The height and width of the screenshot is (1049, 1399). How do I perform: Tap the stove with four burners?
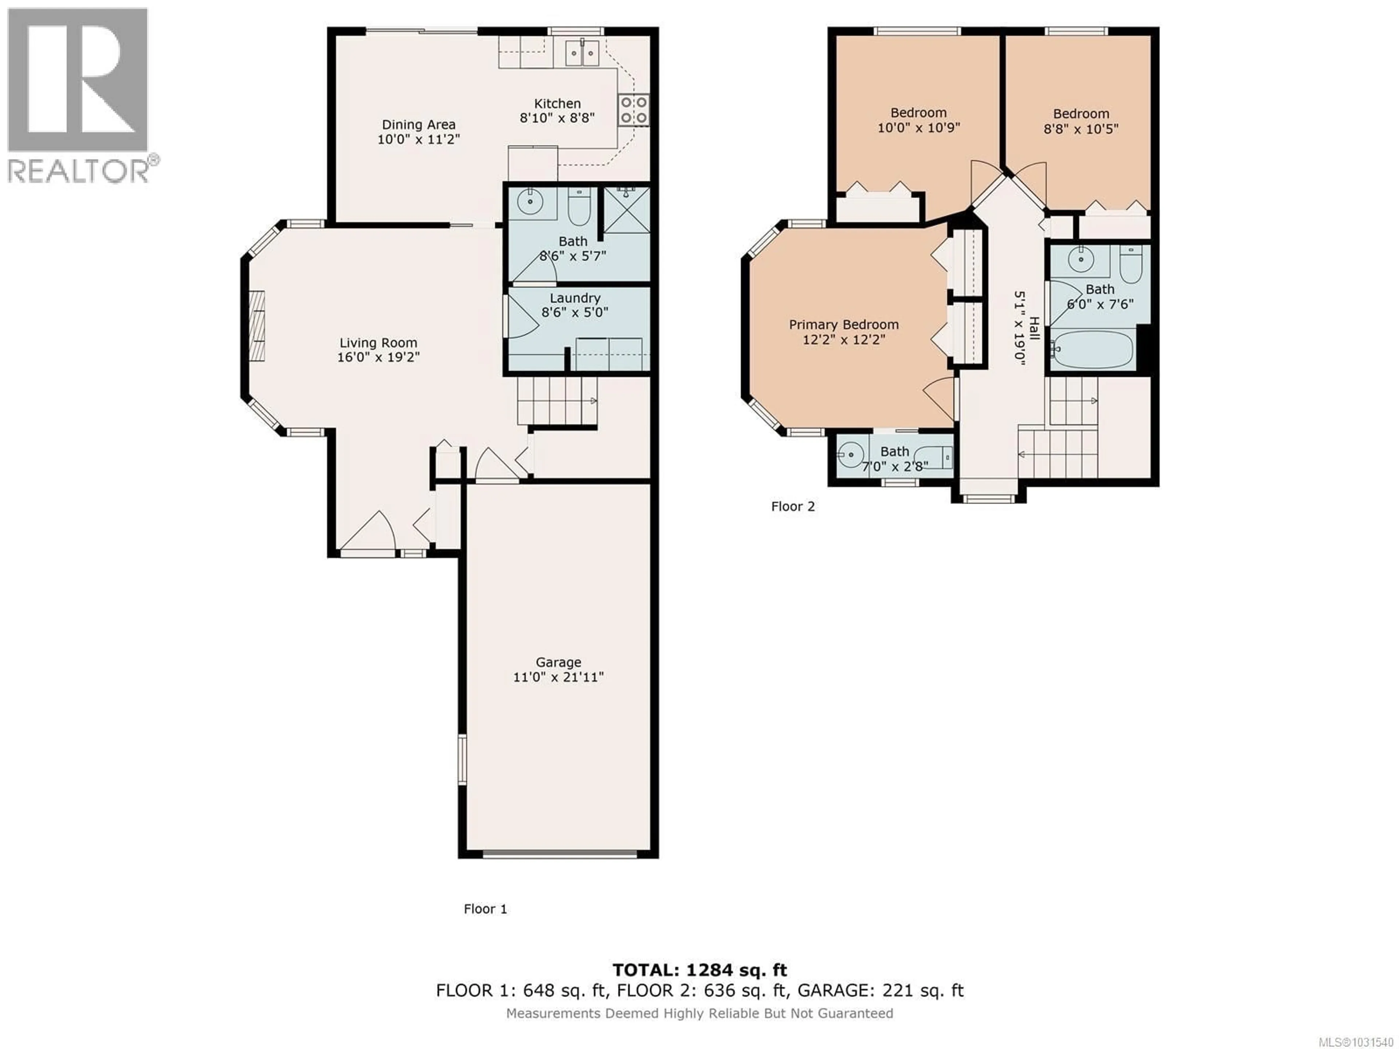coord(634,109)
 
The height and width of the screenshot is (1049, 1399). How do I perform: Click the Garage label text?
coord(558,662)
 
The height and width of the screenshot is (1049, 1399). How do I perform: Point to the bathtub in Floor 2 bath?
coord(1092,349)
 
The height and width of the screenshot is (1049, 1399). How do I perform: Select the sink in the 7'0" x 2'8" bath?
coord(851,454)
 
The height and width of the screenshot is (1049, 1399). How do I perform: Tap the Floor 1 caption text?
coord(485,909)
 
